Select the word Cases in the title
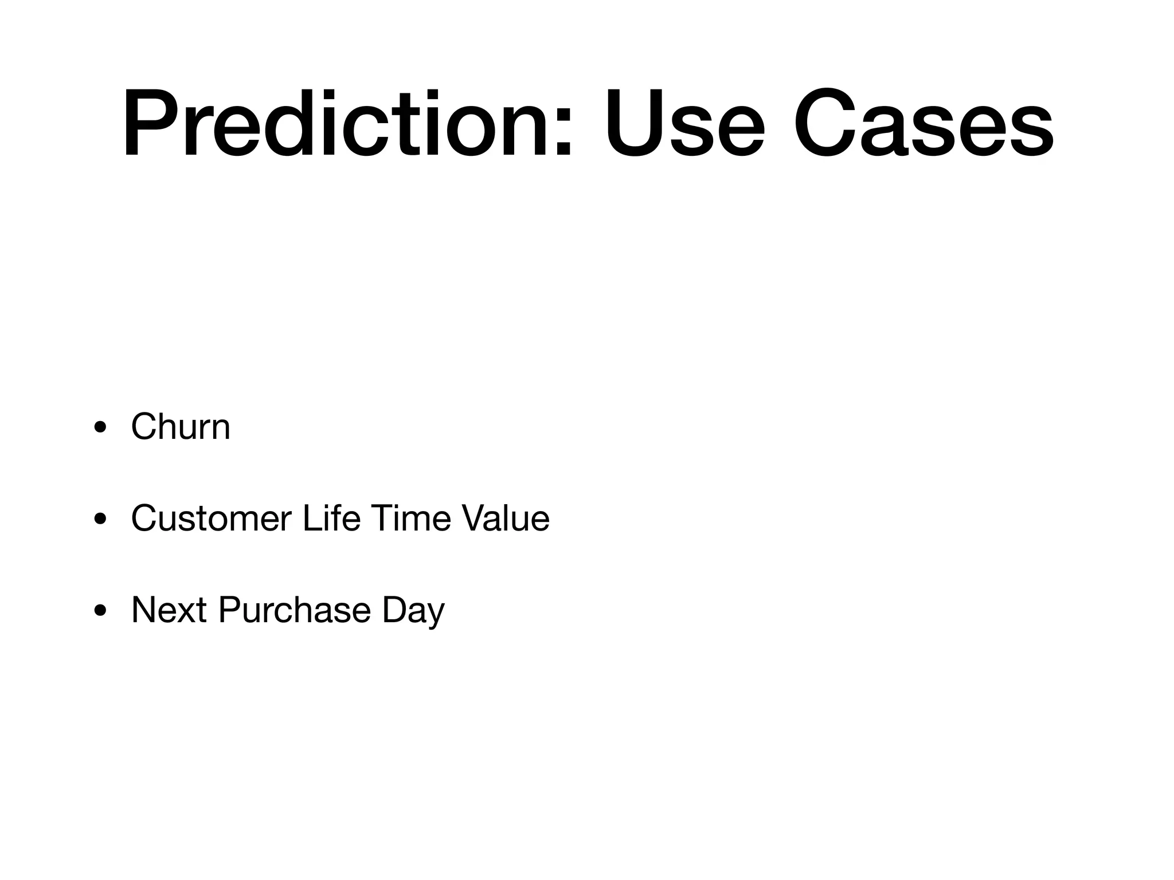tap(923, 123)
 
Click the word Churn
tap(181, 427)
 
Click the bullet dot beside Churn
tap(100, 427)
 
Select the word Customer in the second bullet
tap(211, 518)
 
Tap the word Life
tap(331, 518)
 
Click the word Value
tap(506, 518)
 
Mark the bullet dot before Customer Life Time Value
tap(100, 520)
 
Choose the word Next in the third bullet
tap(169, 610)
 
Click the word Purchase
tap(295, 610)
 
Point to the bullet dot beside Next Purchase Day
tap(100, 611)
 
